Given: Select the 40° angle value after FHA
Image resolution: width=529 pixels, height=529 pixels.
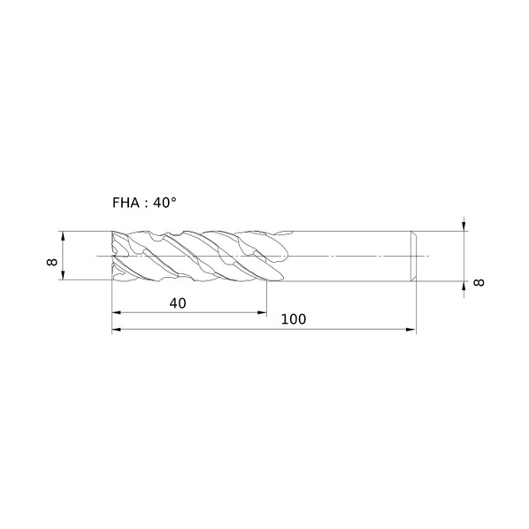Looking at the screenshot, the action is (x=165, y=203).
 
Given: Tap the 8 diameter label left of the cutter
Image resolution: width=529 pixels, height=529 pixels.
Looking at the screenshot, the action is (x=52, y=262).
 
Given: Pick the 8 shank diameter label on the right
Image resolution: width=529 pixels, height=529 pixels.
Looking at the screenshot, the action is (x=479, y=282).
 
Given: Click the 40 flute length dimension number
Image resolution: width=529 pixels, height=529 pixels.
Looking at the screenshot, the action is (x=178, y=303).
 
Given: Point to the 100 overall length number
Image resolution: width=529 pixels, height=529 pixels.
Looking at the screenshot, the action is (x=294, y=319).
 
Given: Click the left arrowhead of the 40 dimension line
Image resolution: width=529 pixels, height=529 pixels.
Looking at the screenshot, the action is (x=117, y=313).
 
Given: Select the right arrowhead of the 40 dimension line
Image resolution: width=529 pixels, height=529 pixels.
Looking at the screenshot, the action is (x=262, y=313).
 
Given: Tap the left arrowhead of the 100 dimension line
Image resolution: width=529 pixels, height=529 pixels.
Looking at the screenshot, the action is (x=117, y=329).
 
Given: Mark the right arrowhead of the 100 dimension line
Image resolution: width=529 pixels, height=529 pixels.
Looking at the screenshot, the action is (x=411, y=329).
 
